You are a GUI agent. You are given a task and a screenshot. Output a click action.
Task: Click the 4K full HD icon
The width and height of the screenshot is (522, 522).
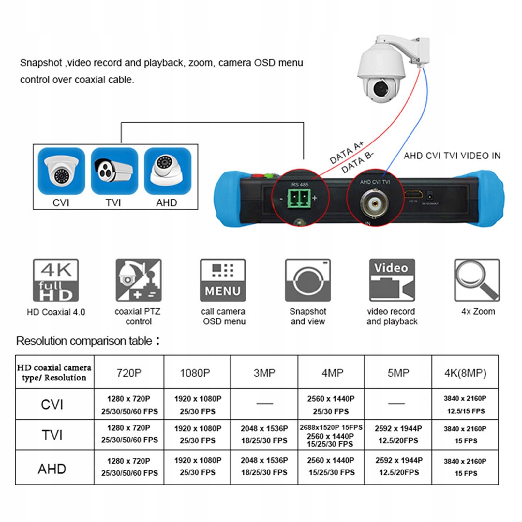tap(56, 280)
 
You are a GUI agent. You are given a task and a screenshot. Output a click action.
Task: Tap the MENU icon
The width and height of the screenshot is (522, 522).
tap(223, 280)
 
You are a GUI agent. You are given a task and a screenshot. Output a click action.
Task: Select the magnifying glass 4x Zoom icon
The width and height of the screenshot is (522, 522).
tap(477, 280)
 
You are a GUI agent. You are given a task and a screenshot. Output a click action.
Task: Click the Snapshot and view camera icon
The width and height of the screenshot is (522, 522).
tap(308, 280)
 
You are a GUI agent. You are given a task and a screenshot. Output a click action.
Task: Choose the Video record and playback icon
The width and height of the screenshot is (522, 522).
tap(392, 280)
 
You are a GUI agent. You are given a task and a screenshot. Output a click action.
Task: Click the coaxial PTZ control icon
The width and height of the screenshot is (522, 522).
tap(139, 280)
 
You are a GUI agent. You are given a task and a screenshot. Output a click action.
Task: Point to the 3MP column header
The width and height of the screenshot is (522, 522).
tap(264, 373)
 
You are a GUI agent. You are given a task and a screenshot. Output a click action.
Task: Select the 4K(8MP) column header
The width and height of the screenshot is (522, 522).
tap(465, 373)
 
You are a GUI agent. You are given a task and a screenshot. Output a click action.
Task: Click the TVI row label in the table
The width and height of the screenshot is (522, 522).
tap(52, 435)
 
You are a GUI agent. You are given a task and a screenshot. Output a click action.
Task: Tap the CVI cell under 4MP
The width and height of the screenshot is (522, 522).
tap(331, 405)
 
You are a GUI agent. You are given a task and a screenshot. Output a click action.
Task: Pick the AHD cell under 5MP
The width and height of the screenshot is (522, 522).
tap(399, 466)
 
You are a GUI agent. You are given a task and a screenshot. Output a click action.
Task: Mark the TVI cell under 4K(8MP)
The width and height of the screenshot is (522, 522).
tap(465, 435)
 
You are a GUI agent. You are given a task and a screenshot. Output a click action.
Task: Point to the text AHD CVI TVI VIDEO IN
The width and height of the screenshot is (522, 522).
tap(452, 156)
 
